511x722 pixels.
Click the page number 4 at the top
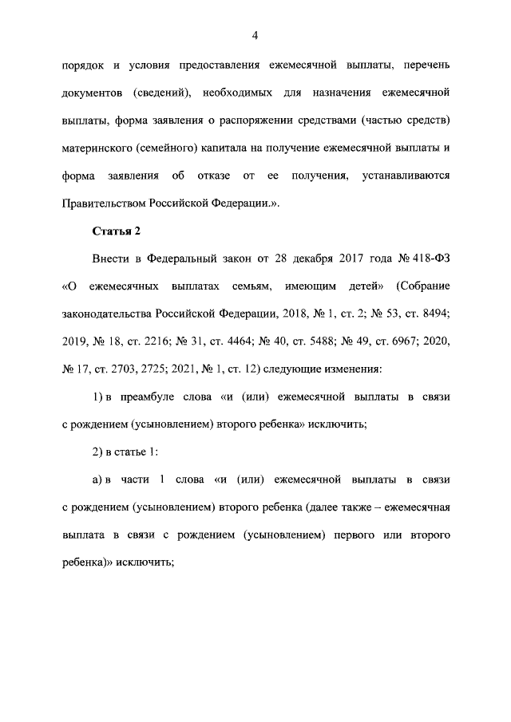[255, 34]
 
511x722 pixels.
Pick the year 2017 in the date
[345, 259]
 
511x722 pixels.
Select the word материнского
[96, 148]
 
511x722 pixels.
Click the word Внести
[111, 259]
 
